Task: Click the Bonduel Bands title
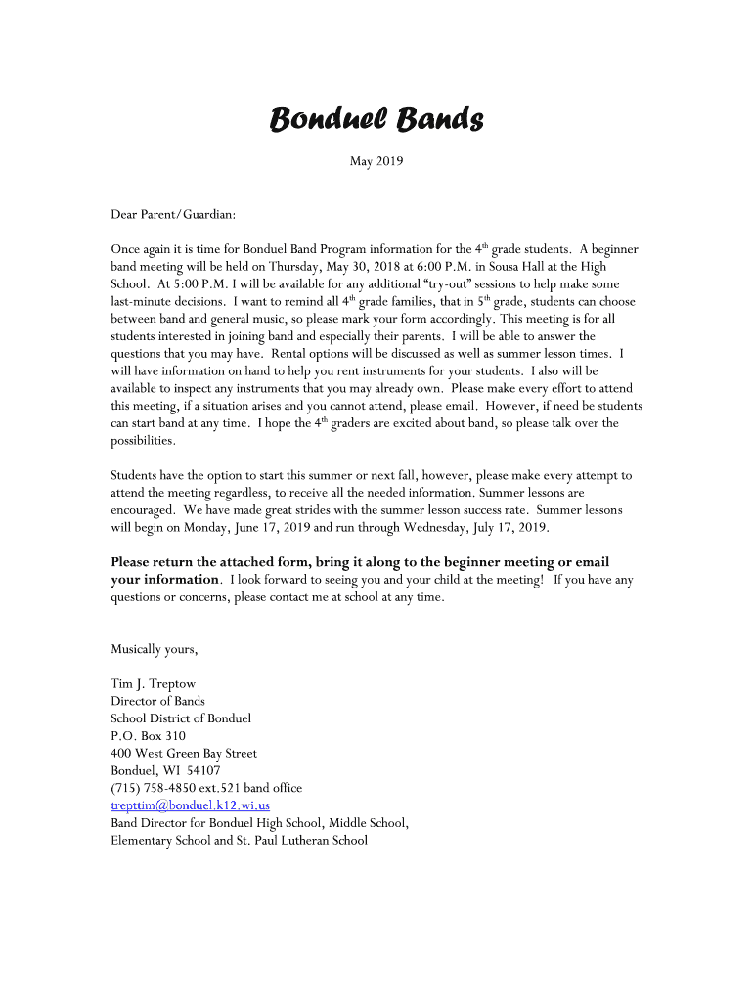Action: click(x=376, y=120)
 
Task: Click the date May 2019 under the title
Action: click(x=376, y=161)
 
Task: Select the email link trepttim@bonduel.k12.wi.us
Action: click(x=190, y=805)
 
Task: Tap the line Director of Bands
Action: click(x=157, y=701)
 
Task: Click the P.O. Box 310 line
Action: click(x=148, y=735)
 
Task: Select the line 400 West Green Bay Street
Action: click(x=184, y=753)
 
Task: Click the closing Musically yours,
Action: click(x=155, y=649)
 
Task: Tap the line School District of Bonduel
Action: click(x=181, y=718)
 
